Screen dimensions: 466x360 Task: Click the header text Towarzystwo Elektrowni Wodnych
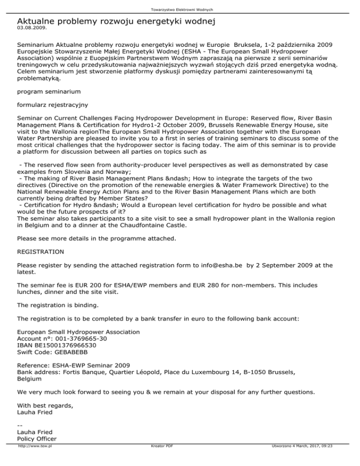[x=180, y=9]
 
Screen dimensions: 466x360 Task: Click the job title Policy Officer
[x=37, y=439]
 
